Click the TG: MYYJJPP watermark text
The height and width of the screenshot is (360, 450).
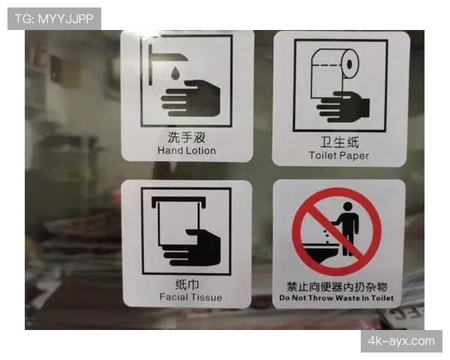[54, 19]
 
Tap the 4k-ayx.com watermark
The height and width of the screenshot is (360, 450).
[401, 341]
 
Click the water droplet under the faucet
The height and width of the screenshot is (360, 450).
[175, 73]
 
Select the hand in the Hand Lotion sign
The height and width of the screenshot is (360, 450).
[190, 98]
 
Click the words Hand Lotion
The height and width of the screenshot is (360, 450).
[187, 151]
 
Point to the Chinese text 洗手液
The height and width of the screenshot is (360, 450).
[187, 137]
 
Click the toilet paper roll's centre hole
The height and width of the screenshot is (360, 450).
[349, 64]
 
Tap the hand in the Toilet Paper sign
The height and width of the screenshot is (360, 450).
[343, 106]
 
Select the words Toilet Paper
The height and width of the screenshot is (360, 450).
[339, 155]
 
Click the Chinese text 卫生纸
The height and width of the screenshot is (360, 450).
[340, 142]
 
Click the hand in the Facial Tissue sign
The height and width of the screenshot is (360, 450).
[191, 247]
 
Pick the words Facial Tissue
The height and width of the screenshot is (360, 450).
[190, 297]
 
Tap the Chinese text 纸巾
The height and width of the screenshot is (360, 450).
[187, 284]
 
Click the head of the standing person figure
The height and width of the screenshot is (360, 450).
[347, 206]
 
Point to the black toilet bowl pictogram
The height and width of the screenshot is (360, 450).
[319, 252]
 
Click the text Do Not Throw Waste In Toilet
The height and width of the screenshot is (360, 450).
[336, 298]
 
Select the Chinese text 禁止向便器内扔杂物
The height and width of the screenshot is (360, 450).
[337, 286]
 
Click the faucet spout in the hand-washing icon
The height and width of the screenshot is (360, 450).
[169, 57]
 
